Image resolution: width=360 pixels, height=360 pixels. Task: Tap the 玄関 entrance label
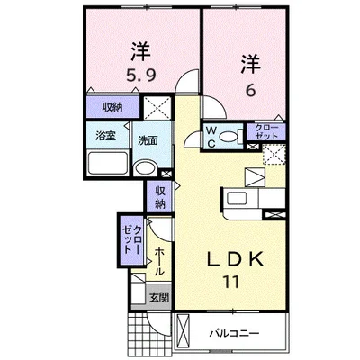click(x=157, y=297)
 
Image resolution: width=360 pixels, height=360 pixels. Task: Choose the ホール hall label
click(x=158, y=258)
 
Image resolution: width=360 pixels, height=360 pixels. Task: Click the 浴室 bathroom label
click(x=105, y=137)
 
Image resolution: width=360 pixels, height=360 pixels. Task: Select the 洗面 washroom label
click(x=148, y=140)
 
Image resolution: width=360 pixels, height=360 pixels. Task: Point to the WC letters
click(x=211, y=136)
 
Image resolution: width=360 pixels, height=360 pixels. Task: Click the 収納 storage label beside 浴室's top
click(x=112, y=107)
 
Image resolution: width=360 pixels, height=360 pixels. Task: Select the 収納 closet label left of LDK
click(x=159, y=195)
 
